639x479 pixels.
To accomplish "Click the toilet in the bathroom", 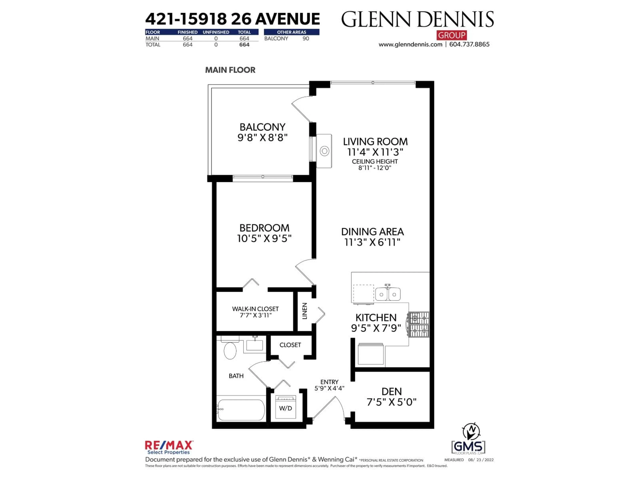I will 230,350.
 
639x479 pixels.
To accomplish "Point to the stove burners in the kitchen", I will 420,324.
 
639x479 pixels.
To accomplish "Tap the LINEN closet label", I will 305,311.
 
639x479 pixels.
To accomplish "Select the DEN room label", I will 391,392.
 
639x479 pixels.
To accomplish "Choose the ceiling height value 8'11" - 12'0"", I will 375,168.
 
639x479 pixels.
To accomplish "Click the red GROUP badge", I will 451,35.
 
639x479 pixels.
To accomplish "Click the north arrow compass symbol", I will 471,431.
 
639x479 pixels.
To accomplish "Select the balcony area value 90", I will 306,38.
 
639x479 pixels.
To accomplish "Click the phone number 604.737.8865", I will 469,44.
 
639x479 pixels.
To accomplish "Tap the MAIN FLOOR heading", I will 230,70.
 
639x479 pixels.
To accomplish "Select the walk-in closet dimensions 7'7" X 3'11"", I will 256,315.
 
